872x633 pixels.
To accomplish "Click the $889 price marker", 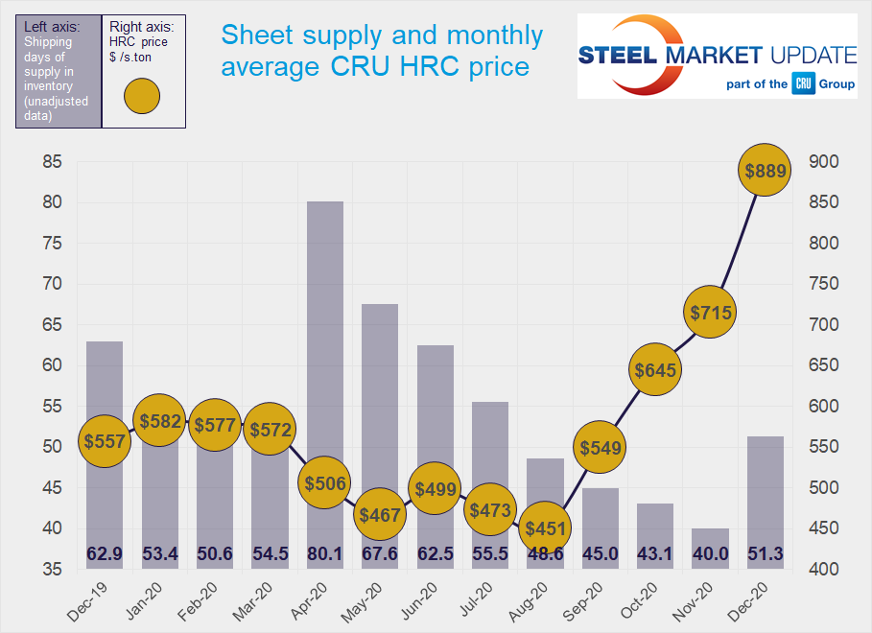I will pos(765,171).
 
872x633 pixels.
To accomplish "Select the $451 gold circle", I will pos(545,527).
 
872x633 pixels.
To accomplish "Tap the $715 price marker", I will pos(709,312).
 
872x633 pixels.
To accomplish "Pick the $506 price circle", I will pos(324,482).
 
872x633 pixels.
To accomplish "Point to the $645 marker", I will pos(654,369).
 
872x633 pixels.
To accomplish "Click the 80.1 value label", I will pos(324,553).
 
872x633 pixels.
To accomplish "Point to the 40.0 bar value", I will pos(709,553).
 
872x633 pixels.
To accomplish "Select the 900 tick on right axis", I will pos(825,162).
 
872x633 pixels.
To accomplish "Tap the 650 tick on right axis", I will pos(825,365).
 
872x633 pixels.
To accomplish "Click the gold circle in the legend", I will pos(142,97).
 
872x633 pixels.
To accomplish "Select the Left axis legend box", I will pos(59,71).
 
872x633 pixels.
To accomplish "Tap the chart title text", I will pos(382,52).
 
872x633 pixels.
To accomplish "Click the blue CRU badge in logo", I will pos(803,84).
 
